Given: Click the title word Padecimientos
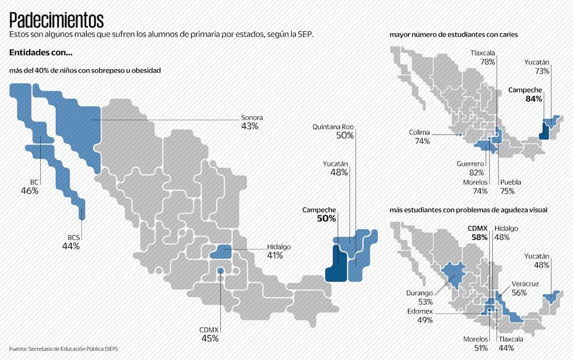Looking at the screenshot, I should tap(56, 21).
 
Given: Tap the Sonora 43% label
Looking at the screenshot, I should tap(252, 121).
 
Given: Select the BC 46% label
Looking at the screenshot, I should tap(30, 186).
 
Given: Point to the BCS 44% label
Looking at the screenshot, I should tap(71, 242).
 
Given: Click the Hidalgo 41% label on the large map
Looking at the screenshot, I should tap(278, 251).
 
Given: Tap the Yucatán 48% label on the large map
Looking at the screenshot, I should tap(335, 168).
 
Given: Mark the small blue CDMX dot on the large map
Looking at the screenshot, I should tap(220, 271).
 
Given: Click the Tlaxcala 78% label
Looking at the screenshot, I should tap(482, 57).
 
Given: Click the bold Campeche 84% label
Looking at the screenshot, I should tap(525, 95).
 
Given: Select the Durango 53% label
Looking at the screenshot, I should tap(420, 297).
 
